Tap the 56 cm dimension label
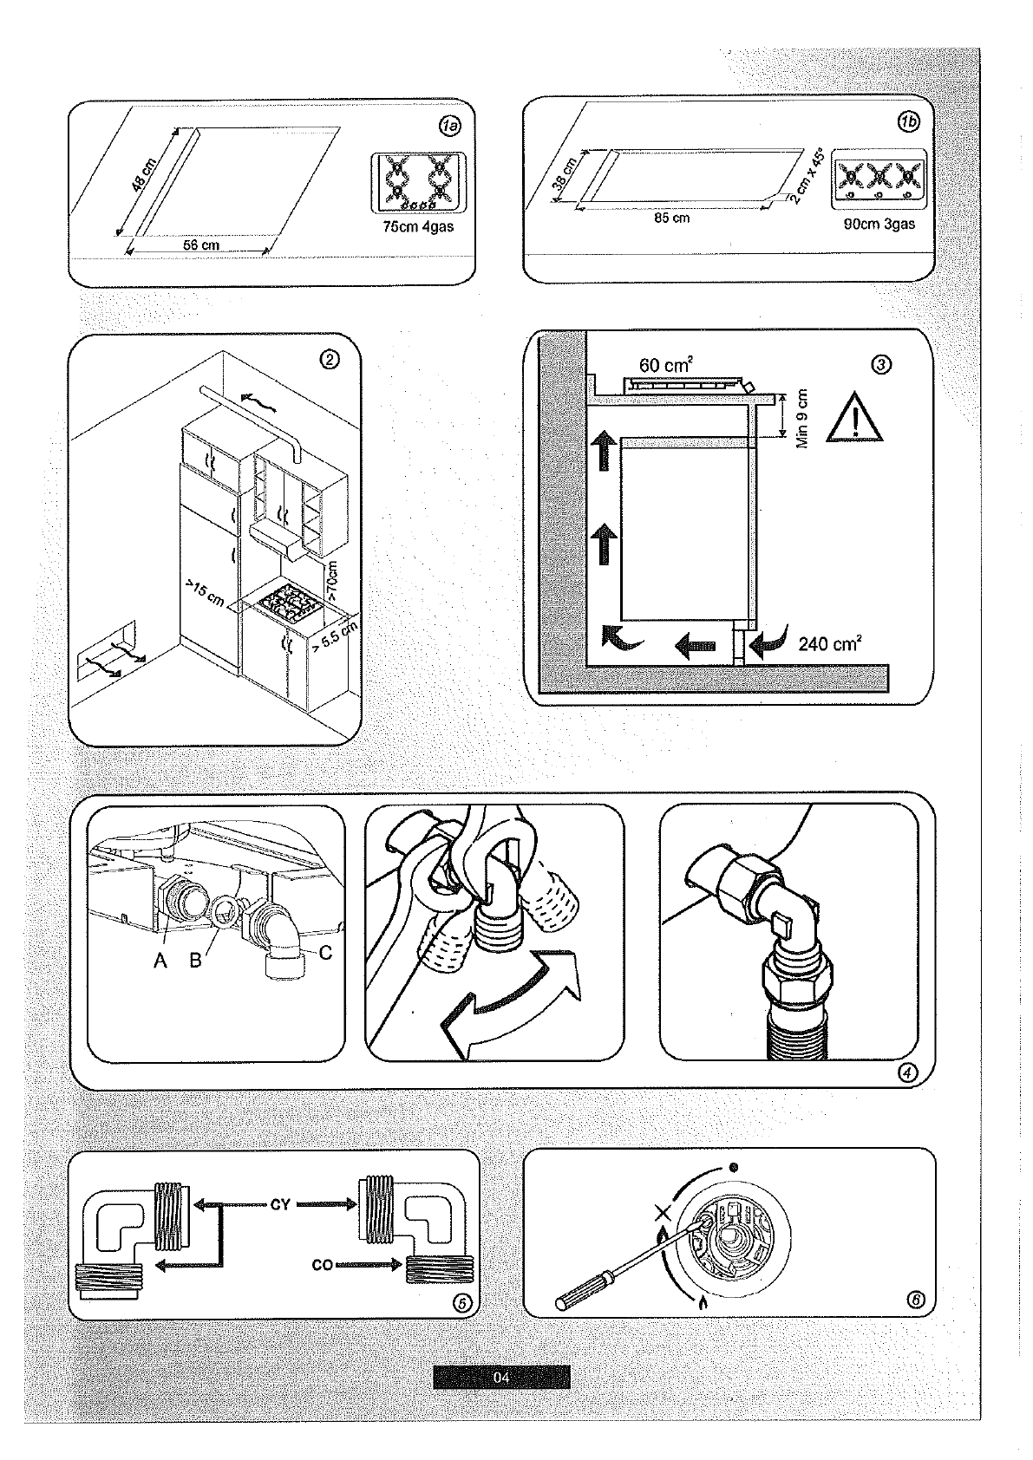click(200, 245)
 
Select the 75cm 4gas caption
click(418, 228)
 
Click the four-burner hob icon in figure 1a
click(418, 183)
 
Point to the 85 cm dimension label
click(671, 218)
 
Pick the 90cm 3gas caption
click(879, 224)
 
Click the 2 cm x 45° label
click(806, 177)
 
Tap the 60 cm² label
click(665, 366)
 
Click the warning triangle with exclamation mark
click(855, 420)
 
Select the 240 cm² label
click(829, 644)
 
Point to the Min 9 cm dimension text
click(802, 417)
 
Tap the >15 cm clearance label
click(205, 595)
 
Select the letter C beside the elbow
click(325, 954)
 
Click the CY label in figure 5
click(280, 1204)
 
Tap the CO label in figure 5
click(322, 1265)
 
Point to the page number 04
click(501, 1377)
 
